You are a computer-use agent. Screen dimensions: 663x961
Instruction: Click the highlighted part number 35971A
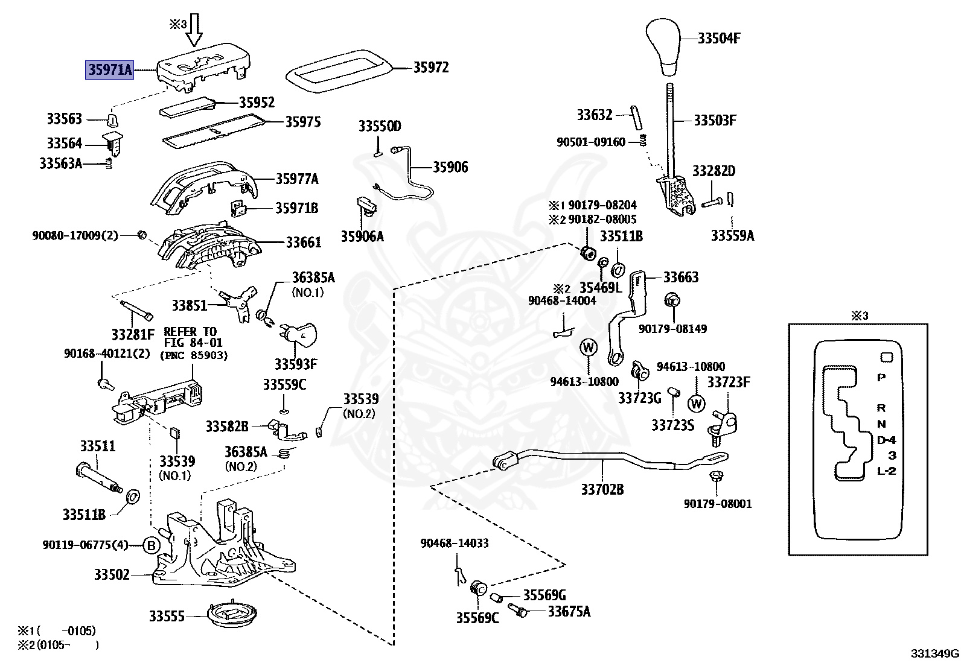(109, 71)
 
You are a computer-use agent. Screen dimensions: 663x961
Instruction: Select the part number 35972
(430, 68)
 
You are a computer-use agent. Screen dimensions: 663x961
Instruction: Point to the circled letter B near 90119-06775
(152, 546)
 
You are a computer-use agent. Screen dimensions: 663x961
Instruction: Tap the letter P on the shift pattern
(881, 378)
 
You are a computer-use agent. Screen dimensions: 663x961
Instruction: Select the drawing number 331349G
(934, 653)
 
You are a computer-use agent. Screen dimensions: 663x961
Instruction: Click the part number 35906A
(362, 236)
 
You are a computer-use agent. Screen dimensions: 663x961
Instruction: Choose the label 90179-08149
(672, 329)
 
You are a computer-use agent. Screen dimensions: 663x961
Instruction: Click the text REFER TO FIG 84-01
(190, 337)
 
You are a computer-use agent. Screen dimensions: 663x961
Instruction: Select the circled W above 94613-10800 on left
(588, 347)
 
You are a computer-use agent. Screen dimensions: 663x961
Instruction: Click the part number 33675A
(569, 611)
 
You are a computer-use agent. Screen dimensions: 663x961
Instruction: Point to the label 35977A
(297, 179)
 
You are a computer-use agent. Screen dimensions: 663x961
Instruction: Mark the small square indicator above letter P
(886, 357)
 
